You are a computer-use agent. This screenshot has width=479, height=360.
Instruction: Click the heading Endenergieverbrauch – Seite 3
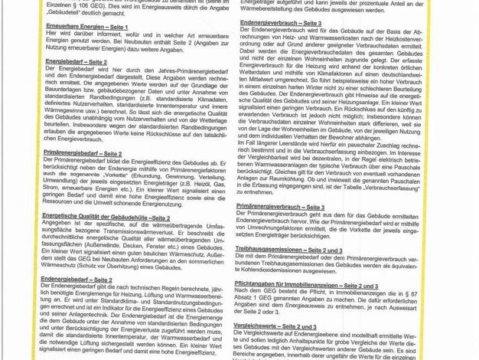point(281,23)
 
